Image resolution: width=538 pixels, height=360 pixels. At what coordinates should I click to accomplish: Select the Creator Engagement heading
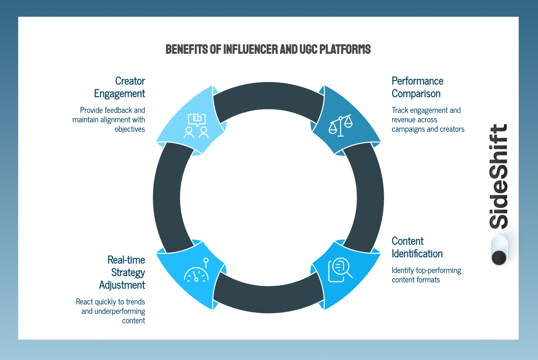[x=120, y=87]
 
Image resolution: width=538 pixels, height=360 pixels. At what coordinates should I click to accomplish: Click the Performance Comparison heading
[x=417, y=87]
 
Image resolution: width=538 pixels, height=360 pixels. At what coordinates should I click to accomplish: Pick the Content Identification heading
[x=417, y=247]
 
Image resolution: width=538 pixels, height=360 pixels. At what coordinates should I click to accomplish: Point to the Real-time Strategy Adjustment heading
[x=122, y=272]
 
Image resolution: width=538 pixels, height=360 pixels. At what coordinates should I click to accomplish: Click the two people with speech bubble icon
[x=197, y=125]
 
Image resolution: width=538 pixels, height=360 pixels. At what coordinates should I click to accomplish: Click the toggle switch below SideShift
[x=499, y=250]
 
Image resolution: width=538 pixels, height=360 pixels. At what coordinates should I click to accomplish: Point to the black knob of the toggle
[x=499, y=258]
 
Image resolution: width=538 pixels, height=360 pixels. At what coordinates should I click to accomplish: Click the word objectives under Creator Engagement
[x=130, y=129]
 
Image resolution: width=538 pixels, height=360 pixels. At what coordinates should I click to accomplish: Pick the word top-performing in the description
[x=438, y=270]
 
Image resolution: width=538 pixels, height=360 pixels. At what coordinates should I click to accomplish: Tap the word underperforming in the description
[x=120, y=311]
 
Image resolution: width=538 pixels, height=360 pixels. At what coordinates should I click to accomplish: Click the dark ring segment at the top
[x=268, y=96]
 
